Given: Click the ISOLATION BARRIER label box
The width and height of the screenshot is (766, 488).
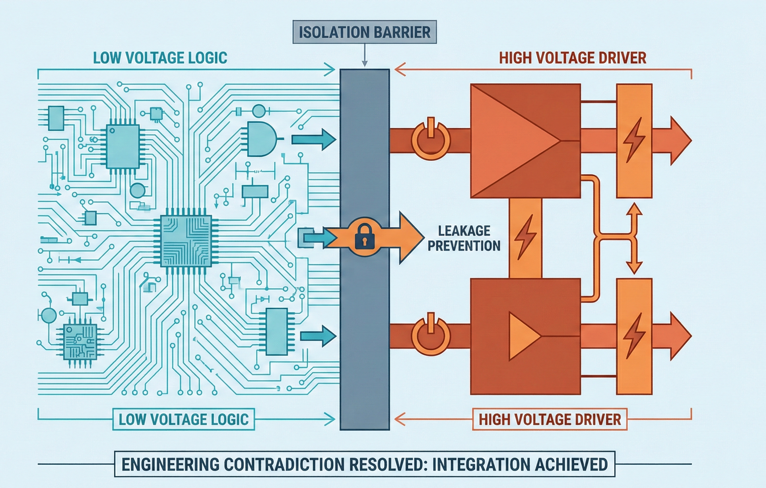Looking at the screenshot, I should [364, 32].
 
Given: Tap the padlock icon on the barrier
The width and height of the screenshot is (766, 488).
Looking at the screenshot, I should [365, 237].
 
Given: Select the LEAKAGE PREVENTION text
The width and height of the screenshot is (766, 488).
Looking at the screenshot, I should [464, 238].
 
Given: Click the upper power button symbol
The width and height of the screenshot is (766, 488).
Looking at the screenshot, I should [430, 140].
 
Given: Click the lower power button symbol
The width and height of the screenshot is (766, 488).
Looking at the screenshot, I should [430, 335].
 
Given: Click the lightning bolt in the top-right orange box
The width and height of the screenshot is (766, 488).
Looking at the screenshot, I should [634, 140].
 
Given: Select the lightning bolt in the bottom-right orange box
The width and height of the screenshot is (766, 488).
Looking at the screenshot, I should [634, 335].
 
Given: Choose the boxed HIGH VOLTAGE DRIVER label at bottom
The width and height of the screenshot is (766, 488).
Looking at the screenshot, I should [549, 419].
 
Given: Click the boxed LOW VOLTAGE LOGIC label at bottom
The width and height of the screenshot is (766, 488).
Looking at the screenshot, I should [184, 419].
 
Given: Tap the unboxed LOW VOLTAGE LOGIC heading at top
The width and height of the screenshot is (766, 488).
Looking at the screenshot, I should [160, 58].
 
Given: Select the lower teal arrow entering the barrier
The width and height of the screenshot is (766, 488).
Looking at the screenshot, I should [318, 336].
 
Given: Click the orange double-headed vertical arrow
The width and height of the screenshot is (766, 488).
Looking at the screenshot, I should [634, 238].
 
